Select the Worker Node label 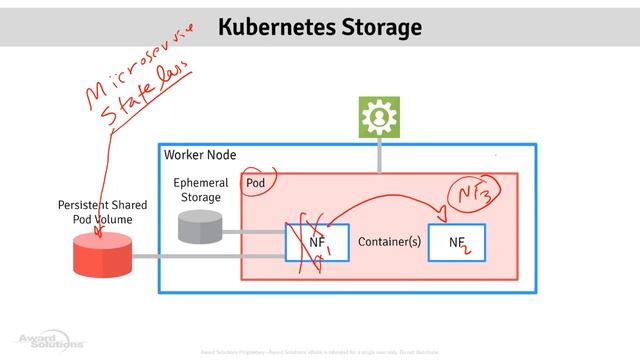(x=197, y=158)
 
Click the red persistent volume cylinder (x=102, y=256)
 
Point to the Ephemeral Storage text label (x=200, y=190)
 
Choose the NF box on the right (x=459, y=242)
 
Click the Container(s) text (x=387, y=242)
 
